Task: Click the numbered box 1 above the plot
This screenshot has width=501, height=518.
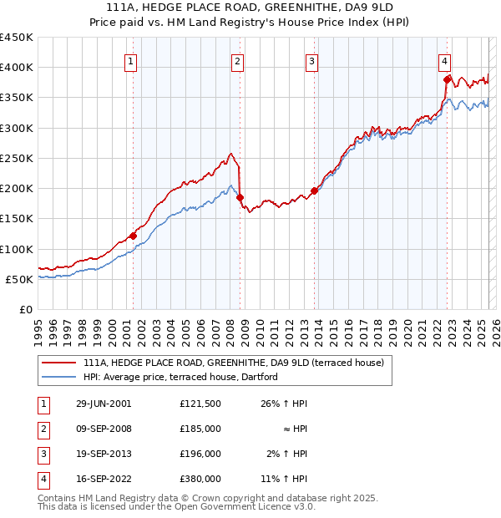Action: point(133,60)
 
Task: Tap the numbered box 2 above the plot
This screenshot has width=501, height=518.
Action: point(238,60)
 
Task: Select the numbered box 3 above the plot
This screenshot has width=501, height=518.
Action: point(311,60)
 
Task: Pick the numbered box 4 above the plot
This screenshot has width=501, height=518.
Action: point(445,60)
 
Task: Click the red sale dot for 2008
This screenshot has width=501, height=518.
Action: point(240,198)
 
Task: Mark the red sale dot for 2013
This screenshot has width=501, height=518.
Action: point(314,191)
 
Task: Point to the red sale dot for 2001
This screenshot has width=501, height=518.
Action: point(133,236)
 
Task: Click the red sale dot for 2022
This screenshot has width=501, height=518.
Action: point(447,80)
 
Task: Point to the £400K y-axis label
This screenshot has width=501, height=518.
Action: point(17,68)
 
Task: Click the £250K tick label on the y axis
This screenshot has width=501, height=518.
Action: point(17,158)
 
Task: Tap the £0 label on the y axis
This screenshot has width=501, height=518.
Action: point(26,309)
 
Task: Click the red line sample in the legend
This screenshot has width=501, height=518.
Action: point(59,363)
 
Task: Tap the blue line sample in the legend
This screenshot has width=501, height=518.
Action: point(59,378)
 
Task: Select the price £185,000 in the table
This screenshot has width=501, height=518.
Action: point(200,429)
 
